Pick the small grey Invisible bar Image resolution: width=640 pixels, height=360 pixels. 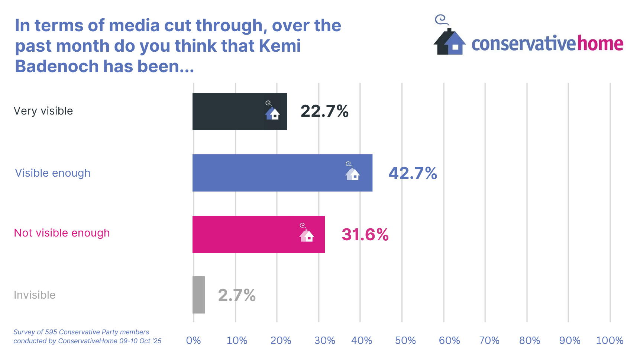[x=199, y=295]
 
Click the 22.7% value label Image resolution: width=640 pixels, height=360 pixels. [x=324, y=111]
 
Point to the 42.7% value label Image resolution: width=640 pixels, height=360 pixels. [x=413, y=173]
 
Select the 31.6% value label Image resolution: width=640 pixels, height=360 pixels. [x=365, y=235]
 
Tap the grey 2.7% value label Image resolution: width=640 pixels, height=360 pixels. [x=237, y=295]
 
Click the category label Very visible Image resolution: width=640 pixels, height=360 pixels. [x=43, y=111]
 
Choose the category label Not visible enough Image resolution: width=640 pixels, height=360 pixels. [x=62, y=233]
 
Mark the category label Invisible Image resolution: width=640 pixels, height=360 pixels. [x=35, y=295]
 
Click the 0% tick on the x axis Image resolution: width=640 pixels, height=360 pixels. [x=193, y=340]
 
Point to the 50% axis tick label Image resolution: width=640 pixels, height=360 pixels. [x=405, y=340]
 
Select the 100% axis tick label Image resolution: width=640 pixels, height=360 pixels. [x=610, y=340]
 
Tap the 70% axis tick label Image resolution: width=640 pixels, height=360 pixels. [x=489, y=340]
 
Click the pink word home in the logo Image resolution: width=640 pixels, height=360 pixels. [x=600, y=44]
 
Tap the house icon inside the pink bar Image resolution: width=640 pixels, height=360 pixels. [x=307, y=234]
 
